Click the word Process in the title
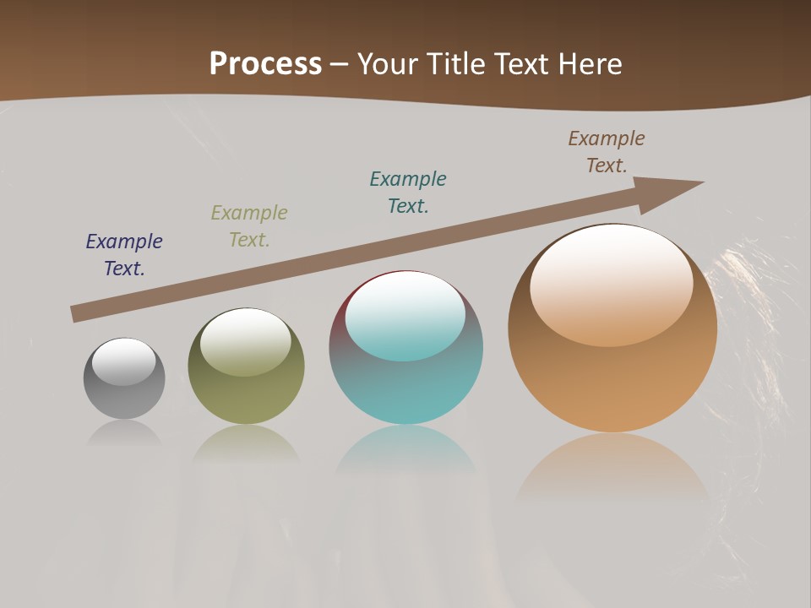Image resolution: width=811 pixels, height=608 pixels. pyautogui.click(x=265, y=64)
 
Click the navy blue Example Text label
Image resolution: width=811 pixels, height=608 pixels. pyautogui.click(x=124, y=254)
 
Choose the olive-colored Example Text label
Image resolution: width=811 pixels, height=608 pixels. pyautogui.click(x=249, y=225)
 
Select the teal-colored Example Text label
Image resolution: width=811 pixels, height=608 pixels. pyautogui.click(x=408, y=192)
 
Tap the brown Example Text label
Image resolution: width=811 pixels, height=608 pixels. pyautogui.click(x=607, y=151)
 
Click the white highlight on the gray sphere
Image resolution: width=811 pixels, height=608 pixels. pyautogui.click(x=124, y=361)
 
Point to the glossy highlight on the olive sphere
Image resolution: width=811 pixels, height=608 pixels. pyautogui.click(x=246, y=341)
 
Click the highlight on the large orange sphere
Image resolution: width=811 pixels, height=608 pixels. pyautogui.click(x=612, y=285)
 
